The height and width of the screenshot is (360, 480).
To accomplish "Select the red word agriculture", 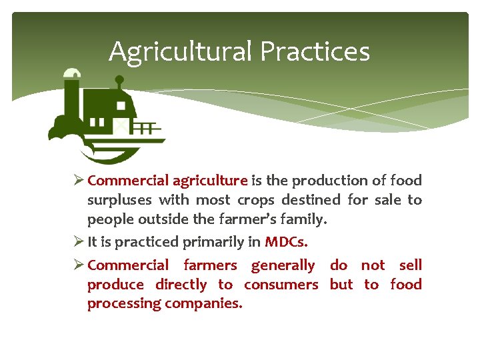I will [x=210, y=181].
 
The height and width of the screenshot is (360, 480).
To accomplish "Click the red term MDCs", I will [x=286, y=241].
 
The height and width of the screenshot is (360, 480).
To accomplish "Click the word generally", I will [x=283, y=265].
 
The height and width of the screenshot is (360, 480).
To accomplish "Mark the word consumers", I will [x=281, y=285].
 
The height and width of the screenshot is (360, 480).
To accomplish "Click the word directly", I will [x=181, y=285].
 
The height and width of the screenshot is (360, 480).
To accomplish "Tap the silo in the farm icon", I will [x=72, y=100].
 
